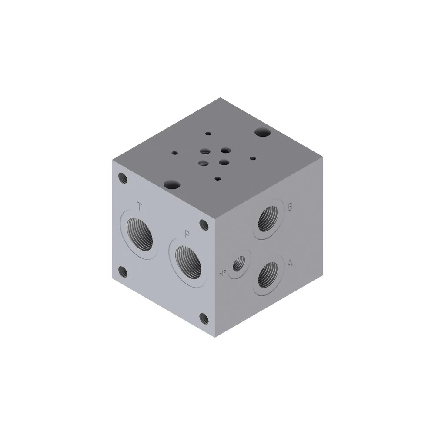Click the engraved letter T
pos(140,206)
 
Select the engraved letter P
pos(187,234)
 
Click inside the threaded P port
pos(188,262)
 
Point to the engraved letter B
pos(290,207)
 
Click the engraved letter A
pos(290,263)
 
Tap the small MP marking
pos(223,274)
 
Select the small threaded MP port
pos(239,264)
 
